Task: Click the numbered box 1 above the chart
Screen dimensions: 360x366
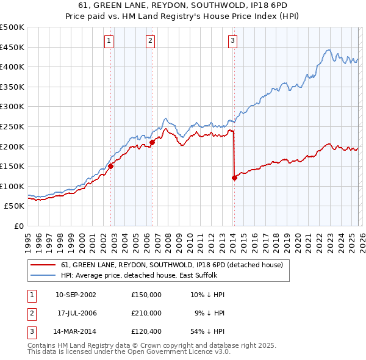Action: coord(109,41)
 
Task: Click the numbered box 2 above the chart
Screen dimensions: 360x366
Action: coord(150,41)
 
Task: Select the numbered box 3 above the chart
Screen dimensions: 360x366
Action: coord(232,41)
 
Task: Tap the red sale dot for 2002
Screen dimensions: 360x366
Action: coord(111,165)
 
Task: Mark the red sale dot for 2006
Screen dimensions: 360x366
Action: coord(152,142)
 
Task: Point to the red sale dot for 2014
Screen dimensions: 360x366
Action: coord(234,178)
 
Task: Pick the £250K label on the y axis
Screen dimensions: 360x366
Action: coord(12,126)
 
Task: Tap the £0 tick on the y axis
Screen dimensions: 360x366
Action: coord(19,226)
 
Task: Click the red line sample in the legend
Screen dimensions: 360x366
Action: coord(43,265)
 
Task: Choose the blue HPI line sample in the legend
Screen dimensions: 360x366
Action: coord(43,276)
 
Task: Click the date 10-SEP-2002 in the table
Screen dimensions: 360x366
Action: coord(76,295)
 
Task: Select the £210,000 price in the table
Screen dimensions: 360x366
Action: coord(146,313)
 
